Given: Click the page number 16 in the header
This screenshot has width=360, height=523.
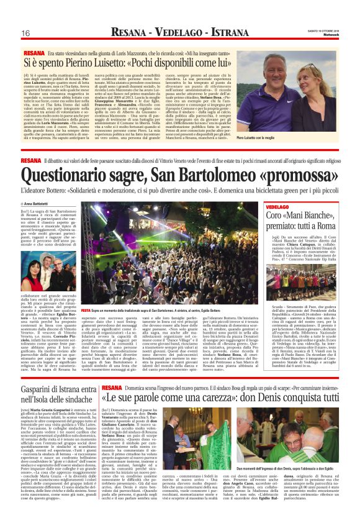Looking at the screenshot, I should [26, 32].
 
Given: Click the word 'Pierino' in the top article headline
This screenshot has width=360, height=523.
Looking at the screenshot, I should [82, 63].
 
